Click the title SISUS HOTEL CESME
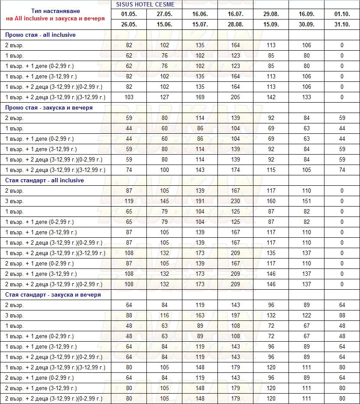click(x=145, y=4)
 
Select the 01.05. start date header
click(x=129, y=14)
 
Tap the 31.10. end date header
click(x=342, y=25)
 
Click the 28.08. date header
click(x=235, y=25)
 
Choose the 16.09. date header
click(x=306, y=14)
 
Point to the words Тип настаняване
click(x=55, y=11)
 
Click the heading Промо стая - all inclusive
click(x=40, y=35)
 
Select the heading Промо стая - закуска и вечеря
click(x=49, y=107)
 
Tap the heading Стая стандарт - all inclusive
click(x=45, y=180)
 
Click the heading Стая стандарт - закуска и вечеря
click(x=53, y=294)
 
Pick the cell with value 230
click(x=235, y=201)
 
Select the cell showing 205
click(x=235, y=97)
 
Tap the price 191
click(x=200, y=201)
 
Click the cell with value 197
click(x=235, y=315)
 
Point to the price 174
click(x=235, y=170)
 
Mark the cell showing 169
click(x=200, y=97)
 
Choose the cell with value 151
click(x=306, y=201)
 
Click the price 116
click(x=164, y=315)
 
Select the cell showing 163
click(x=200, y=315)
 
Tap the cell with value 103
click(x=129, y=97)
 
